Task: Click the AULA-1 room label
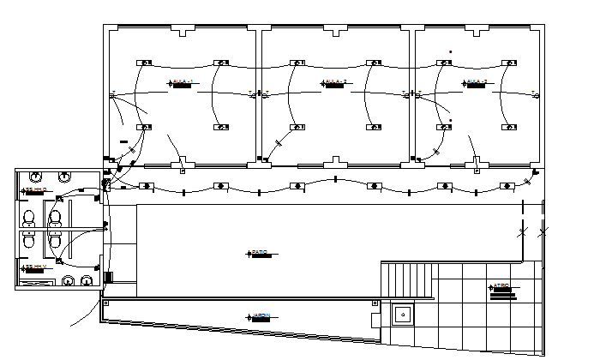tap(182, 82)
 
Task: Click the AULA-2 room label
tap(333, 82)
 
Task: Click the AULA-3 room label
tap(477, 82)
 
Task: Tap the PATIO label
tap(259, 253)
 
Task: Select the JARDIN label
tap(260, 316)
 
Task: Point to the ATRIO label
tap(501, 287)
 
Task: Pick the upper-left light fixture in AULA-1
tap(146, 63)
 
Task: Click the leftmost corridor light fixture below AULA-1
tap(146, 186)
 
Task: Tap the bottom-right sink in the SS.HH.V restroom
tap(86, 279)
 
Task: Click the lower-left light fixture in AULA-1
tap(146, 127)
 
